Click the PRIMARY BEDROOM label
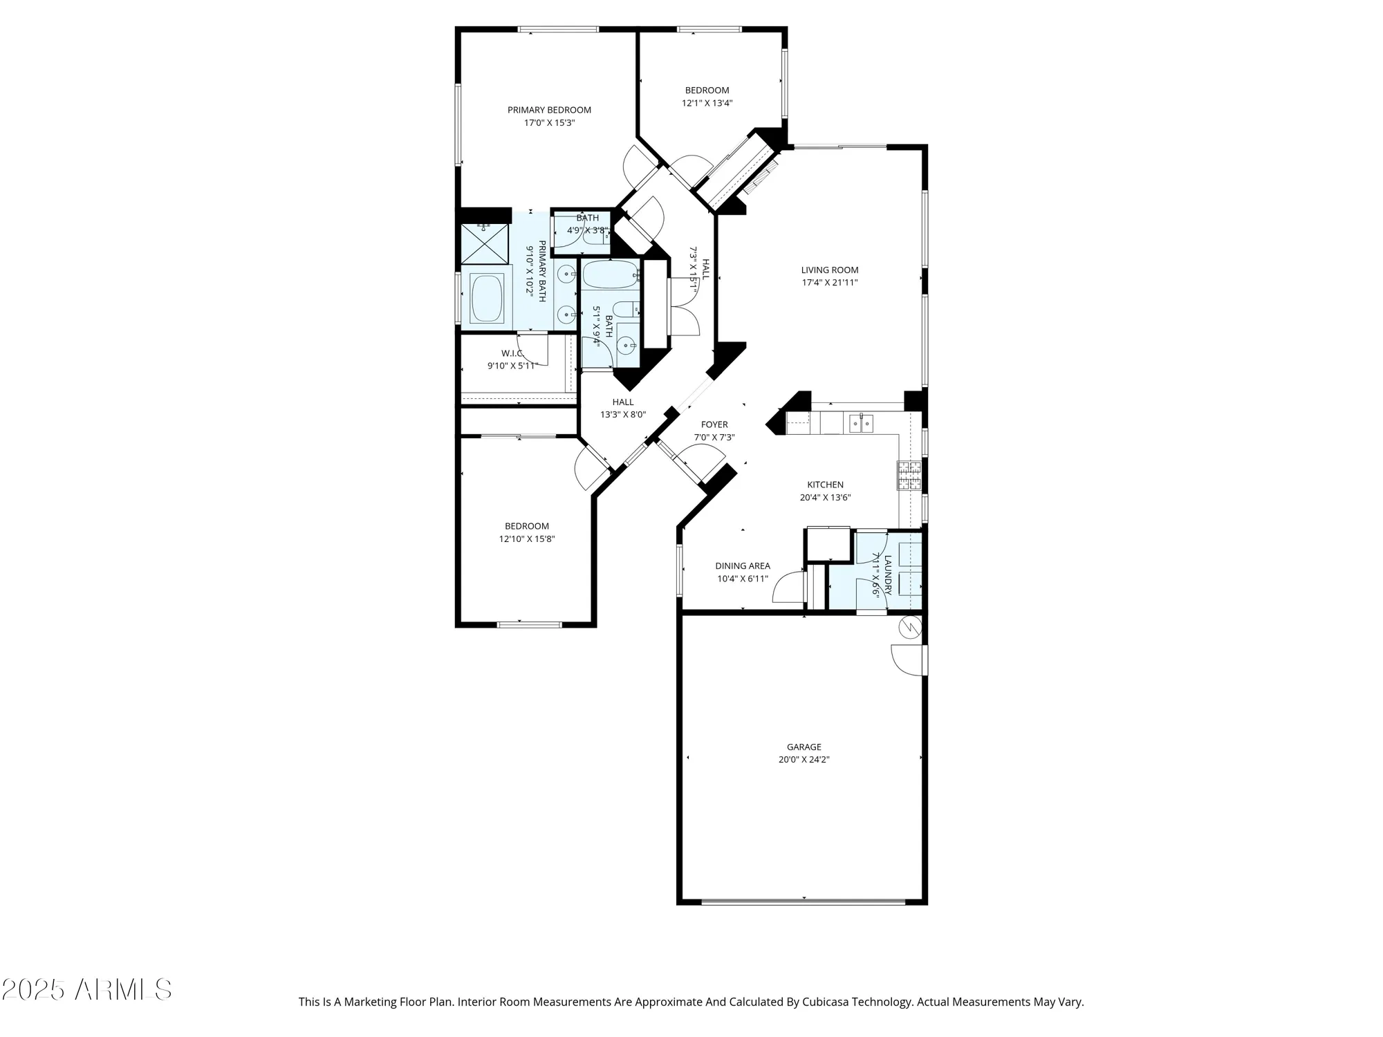(x=549, y=110)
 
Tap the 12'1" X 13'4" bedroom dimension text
(x=707, y=103)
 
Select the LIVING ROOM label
(x=829, y=270)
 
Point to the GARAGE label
(x=804, y=747)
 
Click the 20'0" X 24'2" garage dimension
(x=804, y=759)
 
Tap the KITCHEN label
(x=825, y=485)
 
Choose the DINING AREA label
(x=742, y=566)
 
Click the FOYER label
(x=714, y=424)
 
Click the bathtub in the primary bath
(x=487, y=299)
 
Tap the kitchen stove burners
(x=909, y=475)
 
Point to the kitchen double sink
(x=861, y=423)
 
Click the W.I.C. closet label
(x=512, y=353)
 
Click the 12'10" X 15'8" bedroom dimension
(x=526, y=539)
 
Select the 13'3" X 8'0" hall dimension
(x=622, y=415)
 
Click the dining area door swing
(x=789, y=587)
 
